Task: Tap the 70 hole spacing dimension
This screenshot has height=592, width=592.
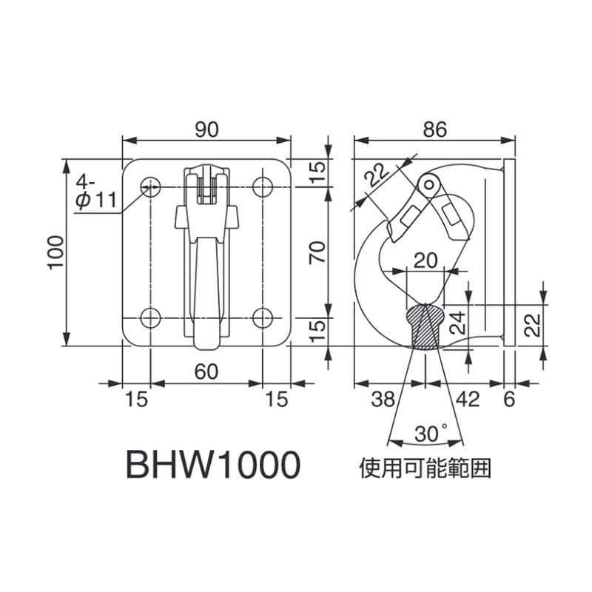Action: click(316, 254)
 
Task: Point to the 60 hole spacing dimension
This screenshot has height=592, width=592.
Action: click(206, 371)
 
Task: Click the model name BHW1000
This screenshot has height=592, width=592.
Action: click(214, 466)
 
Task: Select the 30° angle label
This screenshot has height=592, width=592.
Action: click(431, 433)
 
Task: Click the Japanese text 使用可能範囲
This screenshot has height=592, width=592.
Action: click(425, 468)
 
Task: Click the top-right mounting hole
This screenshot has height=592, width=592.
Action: click(262, 186)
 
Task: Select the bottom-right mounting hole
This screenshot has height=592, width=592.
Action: click(262, 317)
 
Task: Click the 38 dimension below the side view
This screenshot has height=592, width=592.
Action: click(383, 400)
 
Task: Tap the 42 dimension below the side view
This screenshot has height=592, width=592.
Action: click(468, 400)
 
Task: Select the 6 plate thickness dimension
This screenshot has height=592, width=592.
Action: click(509, 400)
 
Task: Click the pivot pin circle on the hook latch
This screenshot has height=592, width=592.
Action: click(428, 182)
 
